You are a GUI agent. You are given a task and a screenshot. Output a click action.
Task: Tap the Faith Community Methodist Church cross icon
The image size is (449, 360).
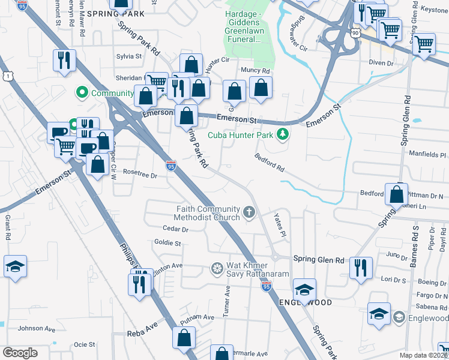tap(250, 212)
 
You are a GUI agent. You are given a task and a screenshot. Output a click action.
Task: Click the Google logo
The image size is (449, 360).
tap(20, 353)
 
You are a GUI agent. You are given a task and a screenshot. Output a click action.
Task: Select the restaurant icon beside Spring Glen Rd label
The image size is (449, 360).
tap(361, 268)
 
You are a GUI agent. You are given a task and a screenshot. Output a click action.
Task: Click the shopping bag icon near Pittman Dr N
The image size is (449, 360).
tap(396, 195)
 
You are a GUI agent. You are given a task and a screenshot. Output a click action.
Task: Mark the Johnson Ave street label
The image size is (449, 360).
tap(39, 328)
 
